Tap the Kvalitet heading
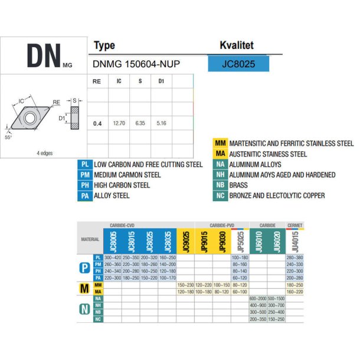pos(237,45)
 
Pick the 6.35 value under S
pos(140,123)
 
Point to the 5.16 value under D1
pos(161,123)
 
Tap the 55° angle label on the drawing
pos(8,137)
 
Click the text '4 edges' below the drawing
pos(44,153)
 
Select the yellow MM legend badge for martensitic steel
pos(220,143)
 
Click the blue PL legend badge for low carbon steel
pos(85,164)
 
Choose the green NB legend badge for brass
pos(220,185)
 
